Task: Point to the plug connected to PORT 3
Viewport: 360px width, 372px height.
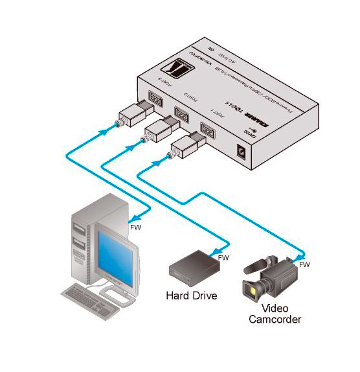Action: (134, 113)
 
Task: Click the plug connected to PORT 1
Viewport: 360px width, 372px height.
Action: (188, 146)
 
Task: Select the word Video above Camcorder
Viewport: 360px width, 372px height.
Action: (275, 308)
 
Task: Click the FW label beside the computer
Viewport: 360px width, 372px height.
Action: (136, 227)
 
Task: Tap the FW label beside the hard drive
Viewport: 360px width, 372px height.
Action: (224, 258)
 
